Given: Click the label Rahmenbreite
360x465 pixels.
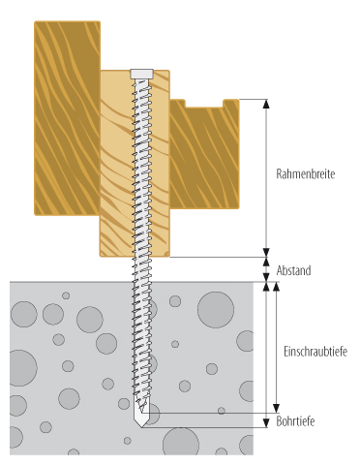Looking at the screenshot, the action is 306,174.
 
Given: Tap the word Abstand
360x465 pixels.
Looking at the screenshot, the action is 293,270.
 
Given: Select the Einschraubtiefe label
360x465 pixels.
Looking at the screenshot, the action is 315,352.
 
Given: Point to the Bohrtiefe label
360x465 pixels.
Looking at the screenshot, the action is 295,421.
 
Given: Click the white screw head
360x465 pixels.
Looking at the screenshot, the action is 141,74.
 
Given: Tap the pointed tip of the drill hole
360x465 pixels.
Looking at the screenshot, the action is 141,427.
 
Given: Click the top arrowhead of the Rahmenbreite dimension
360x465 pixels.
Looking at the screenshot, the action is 266,104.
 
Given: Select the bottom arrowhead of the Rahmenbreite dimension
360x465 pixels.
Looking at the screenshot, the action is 266,253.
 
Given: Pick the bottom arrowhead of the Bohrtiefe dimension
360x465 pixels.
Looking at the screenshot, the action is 266,423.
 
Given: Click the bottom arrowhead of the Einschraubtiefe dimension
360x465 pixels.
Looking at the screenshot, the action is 276,408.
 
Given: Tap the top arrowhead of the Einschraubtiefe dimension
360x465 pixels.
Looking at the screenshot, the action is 276,287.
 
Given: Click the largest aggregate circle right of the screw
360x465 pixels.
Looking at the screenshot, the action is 216,310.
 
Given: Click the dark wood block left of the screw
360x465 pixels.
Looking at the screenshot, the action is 67,118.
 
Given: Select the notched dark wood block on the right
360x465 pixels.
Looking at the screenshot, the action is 204,154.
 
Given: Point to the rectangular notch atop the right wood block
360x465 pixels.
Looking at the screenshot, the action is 204,103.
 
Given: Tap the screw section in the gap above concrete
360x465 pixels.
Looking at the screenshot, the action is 141,269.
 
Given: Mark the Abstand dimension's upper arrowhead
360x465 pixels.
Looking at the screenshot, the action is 266,262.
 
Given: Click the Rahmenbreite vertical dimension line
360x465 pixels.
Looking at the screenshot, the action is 266,178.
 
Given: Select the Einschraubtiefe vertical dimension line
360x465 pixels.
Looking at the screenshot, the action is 276,348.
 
